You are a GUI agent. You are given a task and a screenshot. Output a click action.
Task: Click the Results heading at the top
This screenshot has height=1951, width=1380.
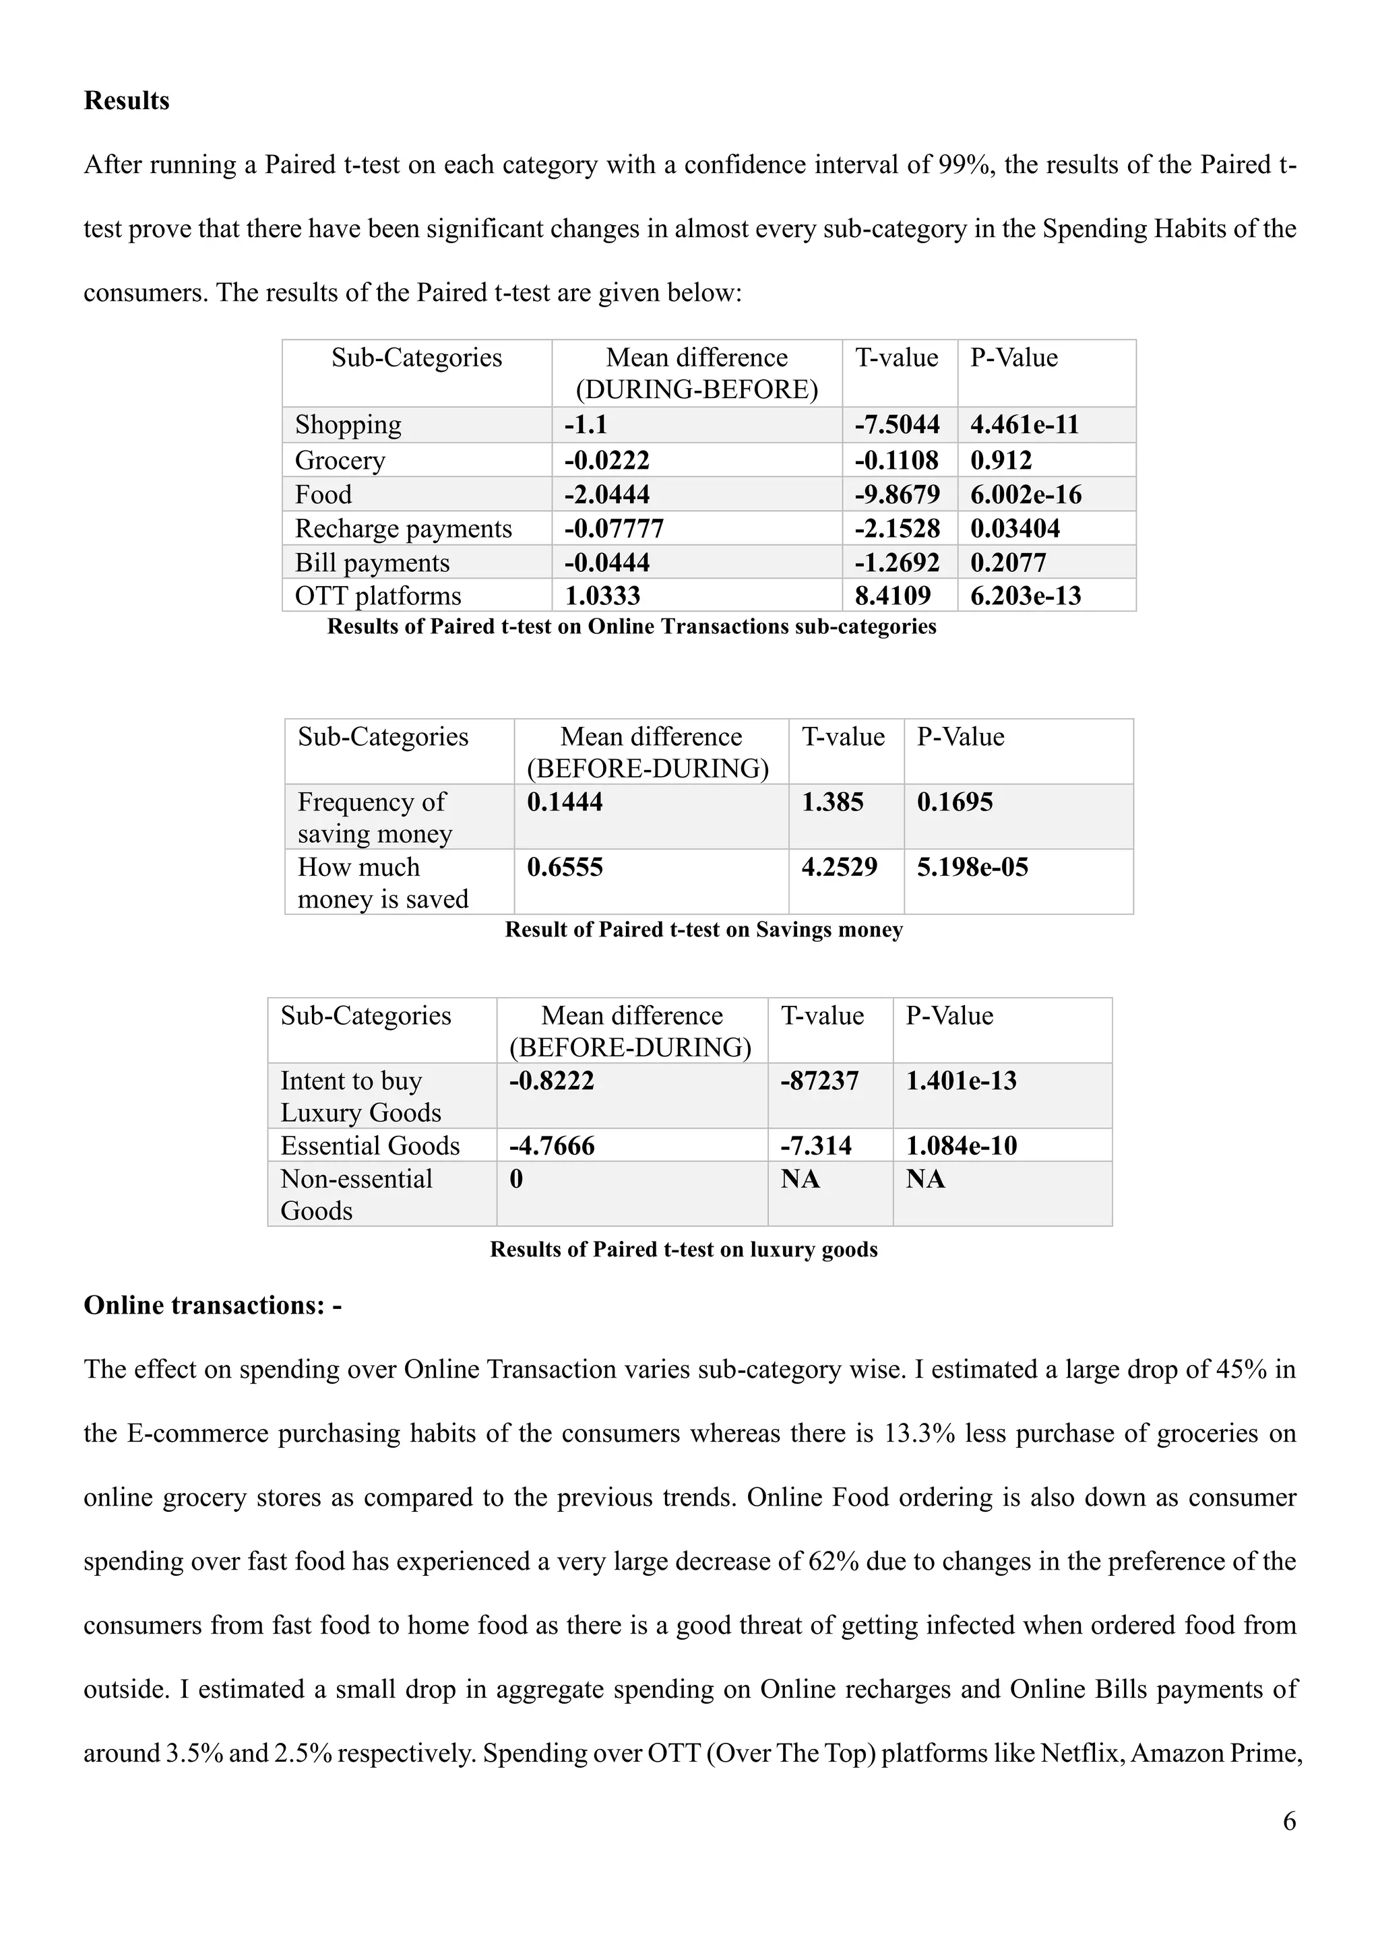pyautogui.click(x=127, y=100)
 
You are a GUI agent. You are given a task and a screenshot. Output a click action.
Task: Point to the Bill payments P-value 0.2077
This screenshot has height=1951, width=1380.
pyautogui.click(x=1008, y=562)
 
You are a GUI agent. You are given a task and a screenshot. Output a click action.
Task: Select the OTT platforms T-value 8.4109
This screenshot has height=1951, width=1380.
pyautogui.click(x=892, y=595)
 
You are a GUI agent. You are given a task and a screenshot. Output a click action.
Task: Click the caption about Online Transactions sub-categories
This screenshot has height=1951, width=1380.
pyautogui.click(x=631, y=627)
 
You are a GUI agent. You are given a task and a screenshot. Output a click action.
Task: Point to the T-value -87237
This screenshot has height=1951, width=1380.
pyautogui.click(x=819, y=1080)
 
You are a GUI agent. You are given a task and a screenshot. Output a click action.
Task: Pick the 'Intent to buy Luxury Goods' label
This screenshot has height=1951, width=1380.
pyautogui.click(x=360, y=1096)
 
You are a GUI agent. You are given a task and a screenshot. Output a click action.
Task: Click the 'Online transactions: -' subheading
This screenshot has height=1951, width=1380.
pyautogui.click(x=212, y=1304)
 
